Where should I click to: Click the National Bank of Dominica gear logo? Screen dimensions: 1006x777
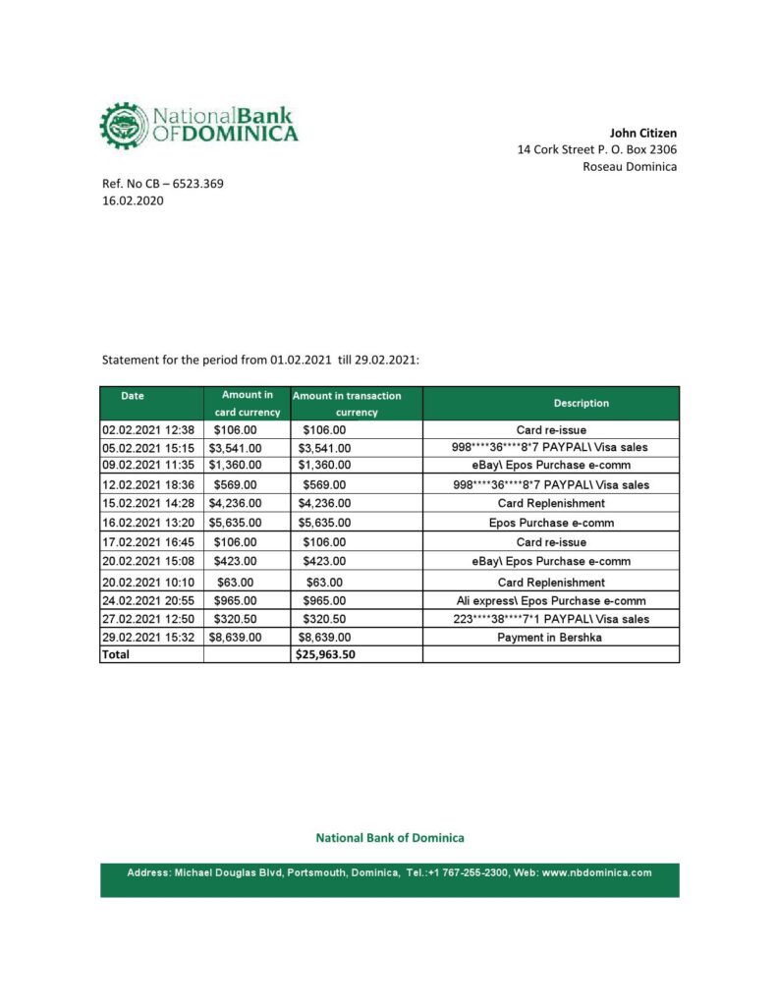(x=122, y=125)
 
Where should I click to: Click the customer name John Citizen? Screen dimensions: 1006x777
(x=643, y=133)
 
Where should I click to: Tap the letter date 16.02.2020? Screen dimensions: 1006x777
(x=133, y=200)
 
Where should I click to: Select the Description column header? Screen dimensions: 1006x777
(x=581, y=403)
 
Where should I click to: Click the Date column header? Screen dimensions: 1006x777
(x=133, y=396)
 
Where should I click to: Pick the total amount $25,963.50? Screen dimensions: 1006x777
(x=324, y=654)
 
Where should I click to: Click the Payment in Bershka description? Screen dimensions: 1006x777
(x=550, y=637)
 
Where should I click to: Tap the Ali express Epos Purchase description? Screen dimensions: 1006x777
(x=550, y=600)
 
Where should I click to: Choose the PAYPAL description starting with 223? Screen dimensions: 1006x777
(x=550, y=619)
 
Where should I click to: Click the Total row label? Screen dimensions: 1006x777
(x=116, y=654)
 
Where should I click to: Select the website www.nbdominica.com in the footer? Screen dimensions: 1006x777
(x=596, y=872)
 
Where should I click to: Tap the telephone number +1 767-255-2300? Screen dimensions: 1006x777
(x=468, y=872)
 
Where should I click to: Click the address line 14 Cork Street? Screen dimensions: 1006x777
(x=596, y=149)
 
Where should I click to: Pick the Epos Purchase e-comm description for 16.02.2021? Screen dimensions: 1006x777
(x=550, y=523)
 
